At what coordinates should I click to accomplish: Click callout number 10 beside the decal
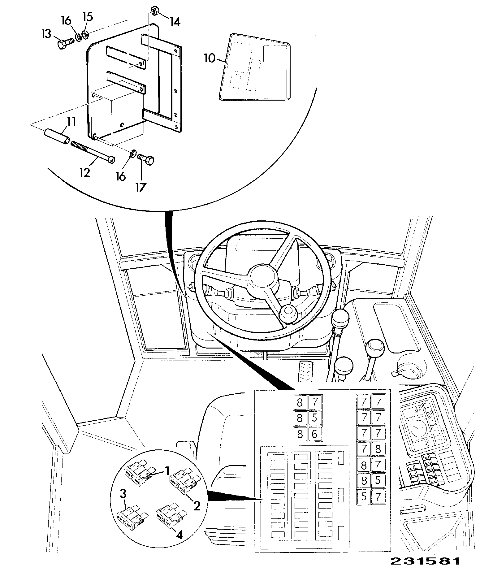210,58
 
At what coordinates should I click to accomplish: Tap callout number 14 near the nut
175,22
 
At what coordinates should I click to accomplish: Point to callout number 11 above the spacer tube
71,122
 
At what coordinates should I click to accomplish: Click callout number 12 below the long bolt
84,172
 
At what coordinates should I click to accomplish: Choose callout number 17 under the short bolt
141,187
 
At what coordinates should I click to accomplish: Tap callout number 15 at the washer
88,17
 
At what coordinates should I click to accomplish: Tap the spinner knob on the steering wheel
289,315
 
